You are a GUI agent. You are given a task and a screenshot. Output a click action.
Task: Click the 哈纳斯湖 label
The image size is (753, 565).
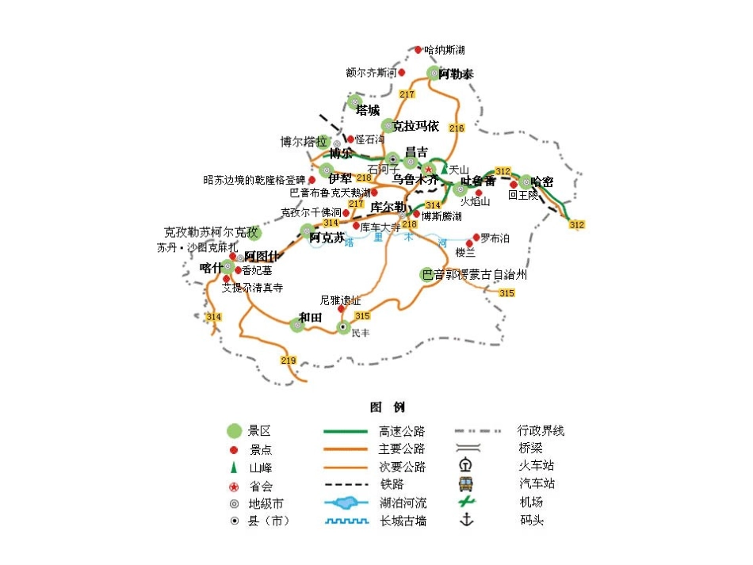pyautogui.click(x=445, y=50)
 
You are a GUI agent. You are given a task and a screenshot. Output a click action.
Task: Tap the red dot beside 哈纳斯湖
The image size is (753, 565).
pyautogui.click(x=419, y=50)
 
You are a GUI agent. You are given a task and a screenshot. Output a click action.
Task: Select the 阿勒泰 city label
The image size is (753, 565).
pyautogui.click(x=457, y=74)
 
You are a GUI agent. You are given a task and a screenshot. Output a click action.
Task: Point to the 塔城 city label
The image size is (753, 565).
pyautogui.click(x=368, y=110)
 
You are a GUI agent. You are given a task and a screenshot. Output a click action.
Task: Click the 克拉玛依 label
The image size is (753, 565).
pyautogui.click(x=416, y=126)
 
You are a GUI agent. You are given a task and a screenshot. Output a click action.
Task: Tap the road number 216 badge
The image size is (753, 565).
pyautogui.click(x=456, y=128)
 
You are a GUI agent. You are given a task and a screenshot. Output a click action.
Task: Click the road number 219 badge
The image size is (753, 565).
pyautogui.click(x=288, y=361)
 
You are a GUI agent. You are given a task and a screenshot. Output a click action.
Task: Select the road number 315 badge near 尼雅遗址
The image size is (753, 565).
pyautogui.click(x=363, y=316)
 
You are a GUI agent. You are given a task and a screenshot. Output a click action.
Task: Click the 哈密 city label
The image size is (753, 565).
pyautogui.click(x=543, y=181)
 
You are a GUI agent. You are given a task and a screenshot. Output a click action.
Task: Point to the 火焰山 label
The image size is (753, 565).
pyautogui.click(x=476, y=201)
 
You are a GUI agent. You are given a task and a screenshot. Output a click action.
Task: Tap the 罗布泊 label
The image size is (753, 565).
pyautogui.click(x=495, y=238)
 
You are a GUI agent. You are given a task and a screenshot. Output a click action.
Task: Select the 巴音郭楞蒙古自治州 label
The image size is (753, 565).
pyautogui.click(x=475, y=275)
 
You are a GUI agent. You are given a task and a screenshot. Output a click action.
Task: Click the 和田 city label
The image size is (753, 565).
pyautogui.click(x=310, y=317)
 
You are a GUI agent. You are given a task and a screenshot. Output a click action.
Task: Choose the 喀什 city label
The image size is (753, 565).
pyautogui.click(x=211, y=268)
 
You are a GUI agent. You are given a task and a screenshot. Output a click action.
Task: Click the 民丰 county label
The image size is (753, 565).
pyautogui.click(x=361, y=333)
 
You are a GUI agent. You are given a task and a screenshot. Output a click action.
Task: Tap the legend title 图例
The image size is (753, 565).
pyautogui.click(x=387, y=407)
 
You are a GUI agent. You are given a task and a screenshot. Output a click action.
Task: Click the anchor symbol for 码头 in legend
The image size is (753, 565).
pyautogui.click(x=467, y=520)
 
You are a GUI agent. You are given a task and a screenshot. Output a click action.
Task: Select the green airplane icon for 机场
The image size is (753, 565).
pyautogui.click(x=467, y=502)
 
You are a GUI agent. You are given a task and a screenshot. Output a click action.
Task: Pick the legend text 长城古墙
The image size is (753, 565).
pyautogui.click(x=402, y=521)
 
